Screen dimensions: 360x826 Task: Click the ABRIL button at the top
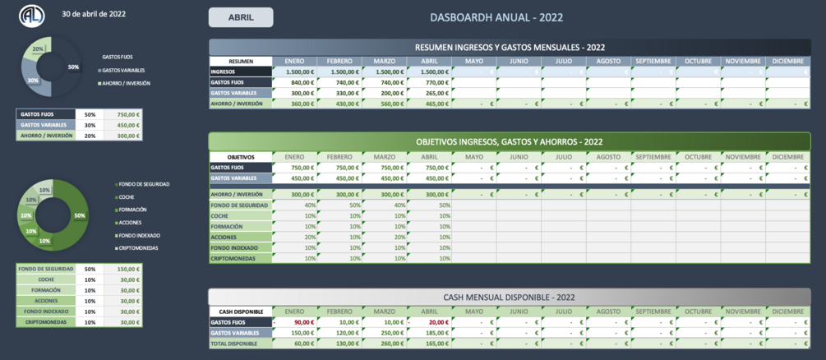click(241, 17)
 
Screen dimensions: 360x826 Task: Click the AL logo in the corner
click(32, 16)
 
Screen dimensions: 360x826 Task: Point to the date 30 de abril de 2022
click(94, 14)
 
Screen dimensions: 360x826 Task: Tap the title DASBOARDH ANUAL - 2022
click(496, 17)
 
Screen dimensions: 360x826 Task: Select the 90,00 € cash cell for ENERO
click(295, 322)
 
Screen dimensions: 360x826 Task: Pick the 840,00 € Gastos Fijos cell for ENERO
click(295, 82)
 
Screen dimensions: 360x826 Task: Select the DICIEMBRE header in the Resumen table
click(787, 61)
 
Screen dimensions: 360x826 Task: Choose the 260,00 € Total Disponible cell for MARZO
click(385, 344)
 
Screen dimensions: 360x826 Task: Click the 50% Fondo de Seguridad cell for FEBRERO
click(340, 205)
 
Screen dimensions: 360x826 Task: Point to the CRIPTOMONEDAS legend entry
click(138, 247)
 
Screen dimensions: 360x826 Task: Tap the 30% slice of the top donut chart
click(34, 81)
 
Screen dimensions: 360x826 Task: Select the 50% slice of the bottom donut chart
click(78, 215)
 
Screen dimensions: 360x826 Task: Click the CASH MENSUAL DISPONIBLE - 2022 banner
click(510, 297)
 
